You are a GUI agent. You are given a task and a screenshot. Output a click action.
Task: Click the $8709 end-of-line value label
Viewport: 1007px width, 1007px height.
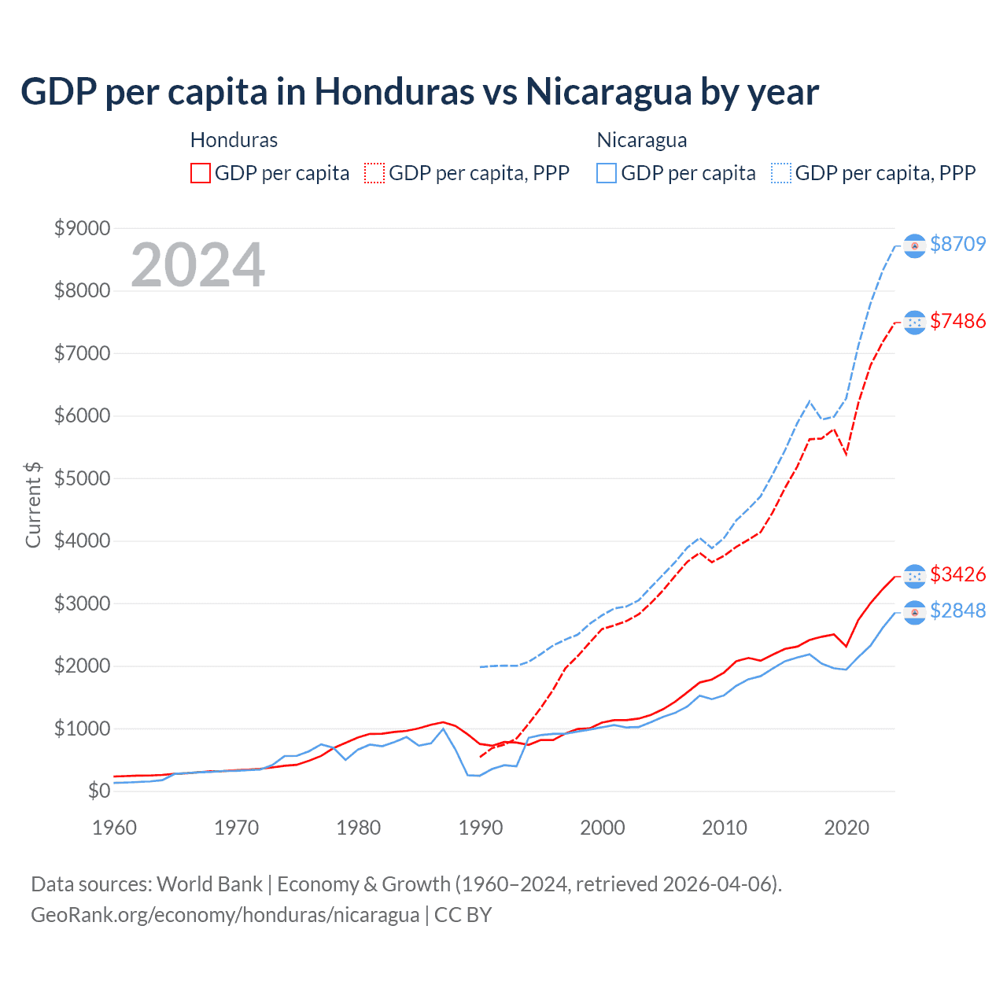(x=957, y=244)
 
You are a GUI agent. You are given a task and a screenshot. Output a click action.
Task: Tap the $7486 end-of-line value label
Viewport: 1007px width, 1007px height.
(x=957, y=321)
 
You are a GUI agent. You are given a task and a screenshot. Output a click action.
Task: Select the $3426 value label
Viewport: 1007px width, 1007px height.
(x=957, y=574)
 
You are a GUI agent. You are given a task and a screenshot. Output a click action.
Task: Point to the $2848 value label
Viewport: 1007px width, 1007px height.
(x=957, y=610)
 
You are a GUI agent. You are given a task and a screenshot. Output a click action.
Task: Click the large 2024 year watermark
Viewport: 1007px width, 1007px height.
(x=197, y=265)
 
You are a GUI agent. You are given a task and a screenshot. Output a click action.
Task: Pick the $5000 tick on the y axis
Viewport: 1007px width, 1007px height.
(x=82, y=478)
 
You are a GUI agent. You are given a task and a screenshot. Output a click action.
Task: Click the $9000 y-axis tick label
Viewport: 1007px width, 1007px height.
(x=82, y=228)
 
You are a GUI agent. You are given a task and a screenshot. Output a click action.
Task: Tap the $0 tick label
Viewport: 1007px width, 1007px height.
(x=98, y=791)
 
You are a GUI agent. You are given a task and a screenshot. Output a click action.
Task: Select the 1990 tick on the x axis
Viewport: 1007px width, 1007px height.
(x=481, y=828)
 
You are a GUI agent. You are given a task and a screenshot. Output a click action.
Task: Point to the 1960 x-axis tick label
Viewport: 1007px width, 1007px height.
(x=115, y=828)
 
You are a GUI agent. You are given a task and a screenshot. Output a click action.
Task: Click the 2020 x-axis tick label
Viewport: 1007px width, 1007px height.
(x=847, y=828)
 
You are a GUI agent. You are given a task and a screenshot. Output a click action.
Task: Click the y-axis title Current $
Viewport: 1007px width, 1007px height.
(x=33, y=505)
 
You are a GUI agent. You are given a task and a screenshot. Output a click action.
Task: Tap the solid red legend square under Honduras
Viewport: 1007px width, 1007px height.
(x=201, y=173)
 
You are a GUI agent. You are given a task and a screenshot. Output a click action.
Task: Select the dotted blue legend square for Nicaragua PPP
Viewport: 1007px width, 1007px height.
(x=781, y=173)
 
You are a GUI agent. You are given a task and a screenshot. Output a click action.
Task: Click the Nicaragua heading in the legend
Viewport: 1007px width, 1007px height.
(x=642, y=140)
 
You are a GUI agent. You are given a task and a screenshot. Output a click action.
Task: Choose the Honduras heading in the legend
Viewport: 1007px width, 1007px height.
(x=234, y=140)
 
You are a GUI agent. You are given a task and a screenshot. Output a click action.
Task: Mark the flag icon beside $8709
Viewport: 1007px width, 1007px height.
(x=914, y=246)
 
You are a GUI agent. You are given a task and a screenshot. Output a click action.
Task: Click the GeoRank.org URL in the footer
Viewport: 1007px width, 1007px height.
(x=225, y=915)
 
